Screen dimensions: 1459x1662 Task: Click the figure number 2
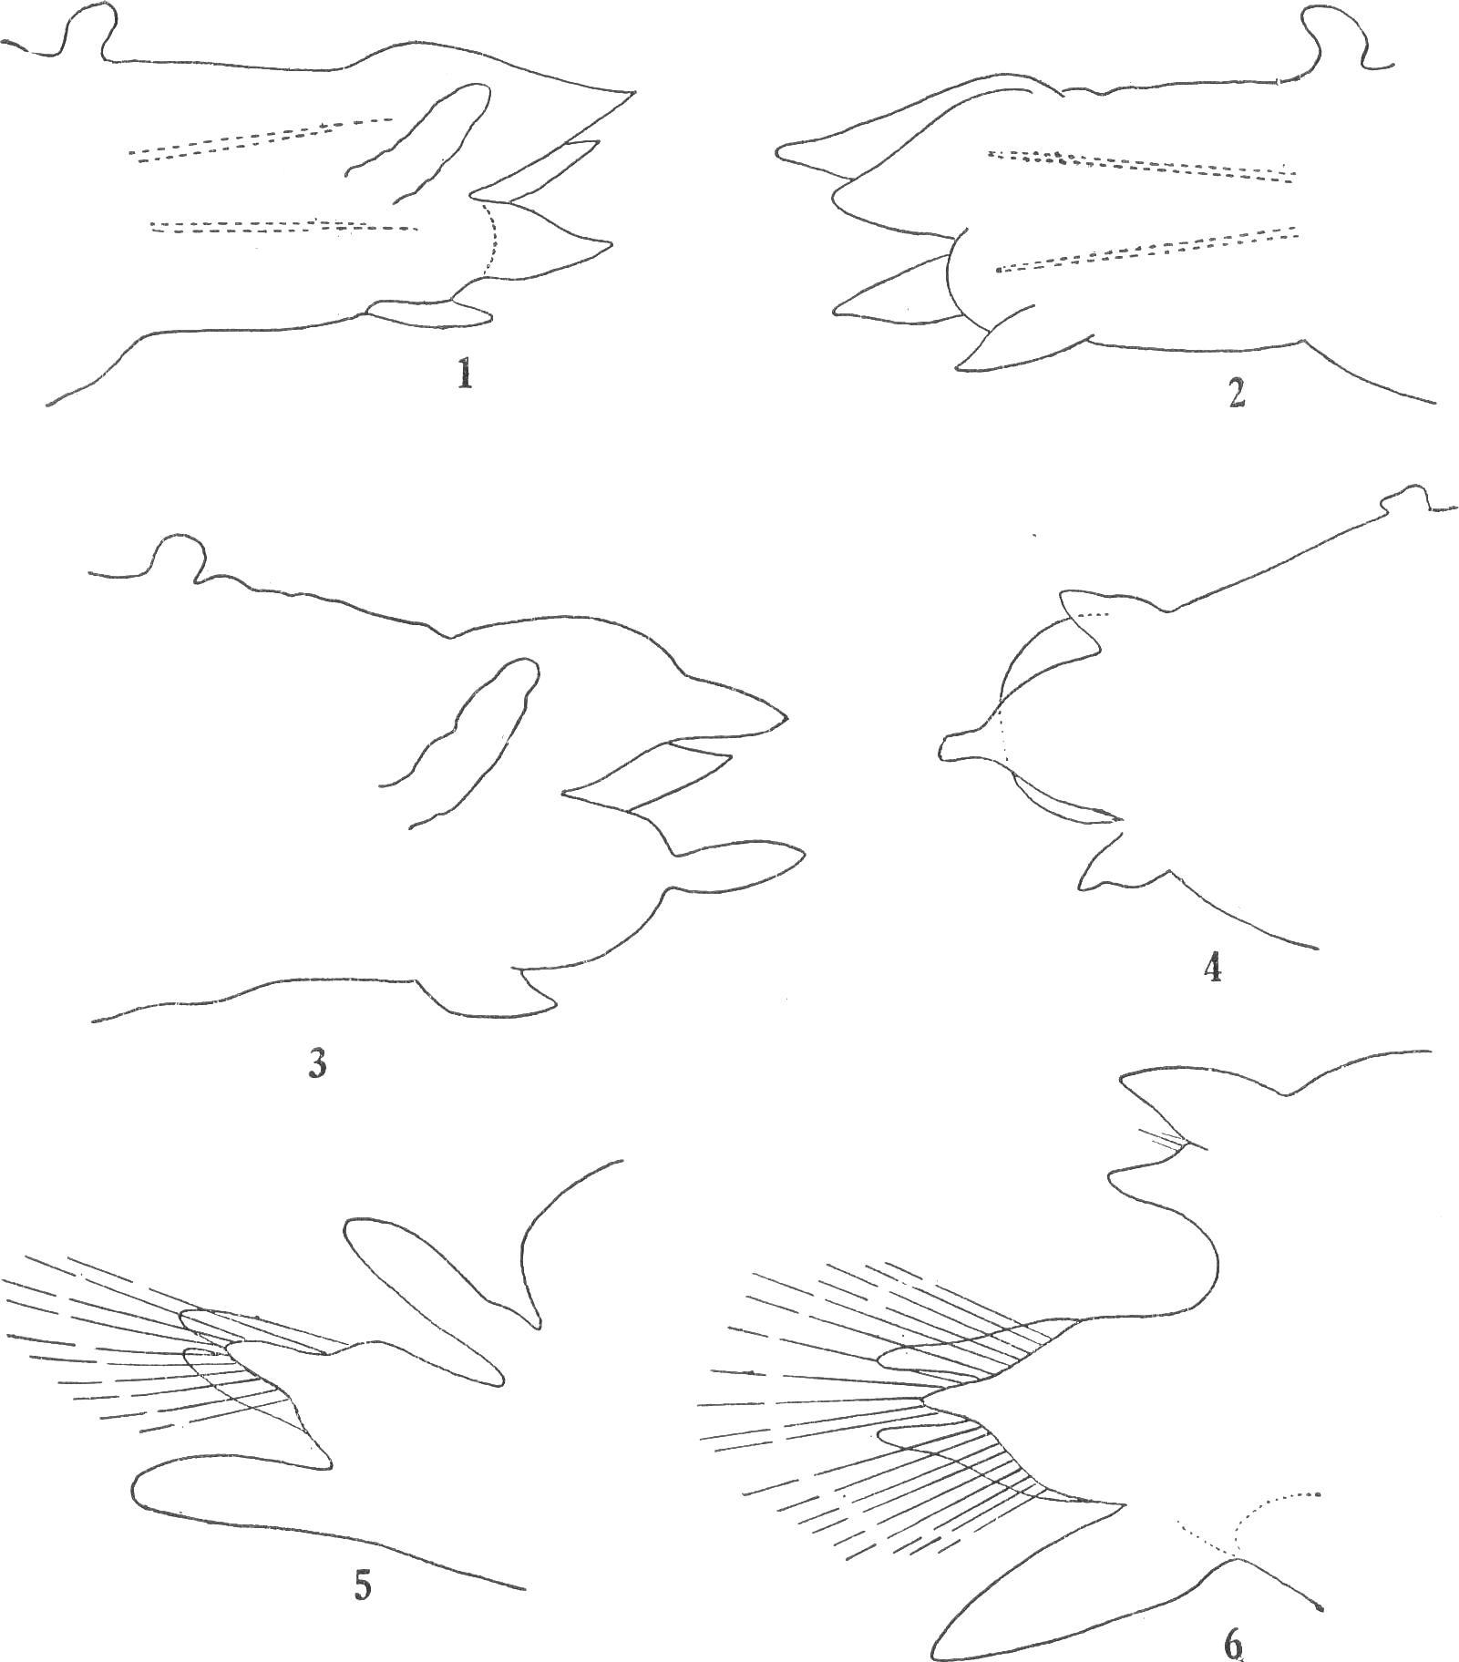click(1237, 393)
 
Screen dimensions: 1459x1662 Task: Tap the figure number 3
click(317, 1063)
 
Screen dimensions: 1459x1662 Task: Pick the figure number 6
click(1232, 1646)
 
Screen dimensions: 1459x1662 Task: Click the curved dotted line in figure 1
click(493, 239)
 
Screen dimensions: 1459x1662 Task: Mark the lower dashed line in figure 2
click(1146, 249)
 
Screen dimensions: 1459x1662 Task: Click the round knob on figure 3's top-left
click(177, 556)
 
